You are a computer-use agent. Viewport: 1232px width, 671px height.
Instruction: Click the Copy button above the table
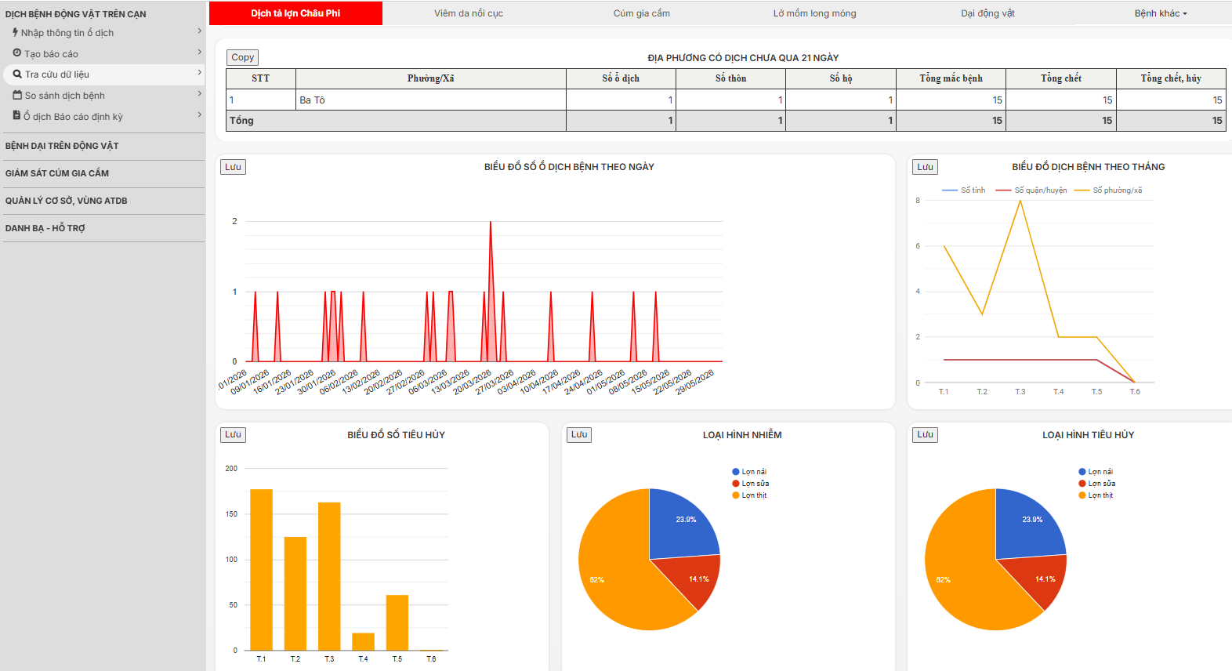242,57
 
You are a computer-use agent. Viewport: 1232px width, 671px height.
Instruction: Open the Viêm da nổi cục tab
469,13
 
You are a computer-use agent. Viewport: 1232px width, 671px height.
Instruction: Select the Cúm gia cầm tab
641,13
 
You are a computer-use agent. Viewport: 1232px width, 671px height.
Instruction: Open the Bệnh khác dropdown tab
1161,13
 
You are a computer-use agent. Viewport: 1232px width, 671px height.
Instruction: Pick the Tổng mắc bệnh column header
951,78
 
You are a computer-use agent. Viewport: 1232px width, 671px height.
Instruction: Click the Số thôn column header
730,78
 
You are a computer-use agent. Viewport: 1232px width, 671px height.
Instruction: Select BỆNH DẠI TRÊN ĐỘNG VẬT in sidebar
62,146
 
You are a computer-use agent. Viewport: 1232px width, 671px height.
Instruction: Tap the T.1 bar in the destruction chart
261,570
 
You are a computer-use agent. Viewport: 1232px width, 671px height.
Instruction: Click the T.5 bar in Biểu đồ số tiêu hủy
397,622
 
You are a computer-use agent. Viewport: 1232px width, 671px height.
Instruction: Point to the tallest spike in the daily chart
491,222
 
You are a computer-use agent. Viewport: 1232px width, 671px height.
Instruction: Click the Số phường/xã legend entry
1109,190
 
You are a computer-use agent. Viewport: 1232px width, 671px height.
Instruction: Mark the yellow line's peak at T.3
1020,201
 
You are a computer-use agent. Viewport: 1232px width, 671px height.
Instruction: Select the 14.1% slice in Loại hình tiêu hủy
1039,579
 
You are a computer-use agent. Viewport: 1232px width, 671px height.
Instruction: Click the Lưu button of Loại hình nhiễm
579,434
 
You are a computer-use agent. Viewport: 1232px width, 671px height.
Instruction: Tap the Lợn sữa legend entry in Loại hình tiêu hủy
1096,484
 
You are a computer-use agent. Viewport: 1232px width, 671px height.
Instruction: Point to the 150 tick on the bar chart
231,513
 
